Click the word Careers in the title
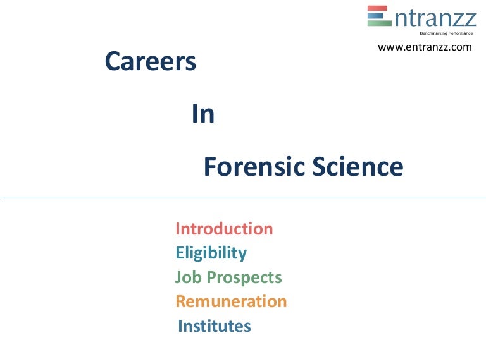(x=150, y=61)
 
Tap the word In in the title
(x=203, y=114)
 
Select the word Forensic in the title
(x=255, y=167)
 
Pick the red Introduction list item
(x=224, y=229)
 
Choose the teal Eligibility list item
(x=211, y=253)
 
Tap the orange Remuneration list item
(x=231, y=301)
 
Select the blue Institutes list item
(x=215, y=326)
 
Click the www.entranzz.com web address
(x=425, y=47)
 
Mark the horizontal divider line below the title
(x=243, y=198)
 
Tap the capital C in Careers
(x=113, y=61)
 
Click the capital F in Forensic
(x=210, y=167)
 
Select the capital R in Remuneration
(x=181, y=301)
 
